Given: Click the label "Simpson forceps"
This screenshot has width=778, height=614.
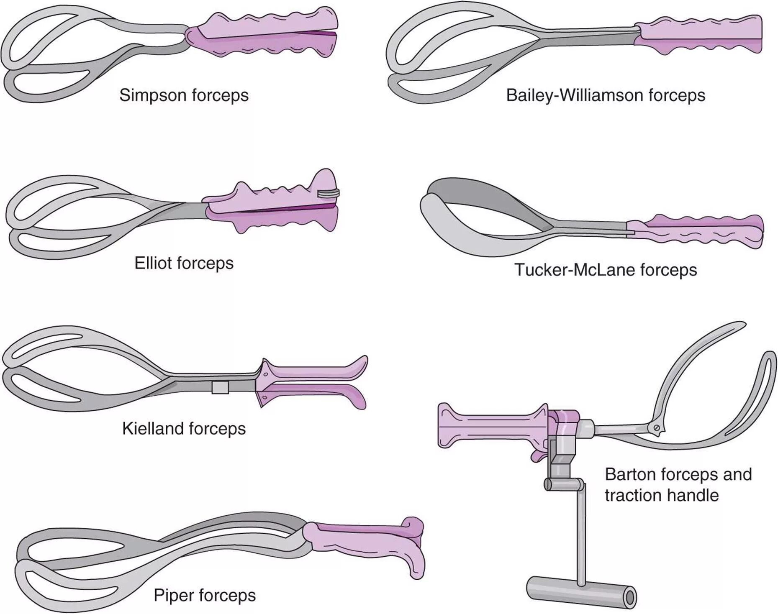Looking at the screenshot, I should [x=184, y=95].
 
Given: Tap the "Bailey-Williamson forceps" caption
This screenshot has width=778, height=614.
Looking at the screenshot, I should [x=605, y=95].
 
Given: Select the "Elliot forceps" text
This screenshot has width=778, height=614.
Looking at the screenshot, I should [x=184, y=263].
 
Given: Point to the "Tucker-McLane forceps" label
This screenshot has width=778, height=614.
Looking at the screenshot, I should [x=605, y=270].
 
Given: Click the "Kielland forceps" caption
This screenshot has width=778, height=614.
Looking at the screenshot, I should [x=184, y=429].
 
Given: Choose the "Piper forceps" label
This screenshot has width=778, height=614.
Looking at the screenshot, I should [x=204, y=595].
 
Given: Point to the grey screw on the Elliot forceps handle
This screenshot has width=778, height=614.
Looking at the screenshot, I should [x=329, y=193].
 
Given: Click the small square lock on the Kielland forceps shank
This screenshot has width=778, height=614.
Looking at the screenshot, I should [x=220, y=388].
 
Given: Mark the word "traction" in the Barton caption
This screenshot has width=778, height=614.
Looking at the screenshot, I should [x=632, y=496].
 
